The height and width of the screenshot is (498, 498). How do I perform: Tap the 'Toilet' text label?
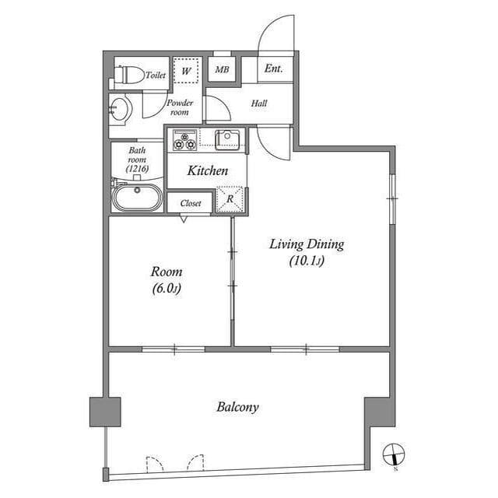156,75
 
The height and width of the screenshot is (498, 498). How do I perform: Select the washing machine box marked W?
186,70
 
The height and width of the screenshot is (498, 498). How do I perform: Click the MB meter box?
222,70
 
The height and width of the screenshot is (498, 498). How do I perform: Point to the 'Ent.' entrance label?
273,68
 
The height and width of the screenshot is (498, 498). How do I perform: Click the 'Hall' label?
259,103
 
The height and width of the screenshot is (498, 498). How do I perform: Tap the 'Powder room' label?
178,107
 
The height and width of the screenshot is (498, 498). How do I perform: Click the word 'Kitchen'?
208,170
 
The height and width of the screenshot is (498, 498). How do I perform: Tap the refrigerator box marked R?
230,198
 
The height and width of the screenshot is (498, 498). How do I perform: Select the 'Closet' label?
191,203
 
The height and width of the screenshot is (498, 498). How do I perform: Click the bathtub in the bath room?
137,197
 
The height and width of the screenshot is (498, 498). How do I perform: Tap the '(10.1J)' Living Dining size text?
306,261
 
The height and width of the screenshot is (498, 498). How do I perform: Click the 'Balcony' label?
237,407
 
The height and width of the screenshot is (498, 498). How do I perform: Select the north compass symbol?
395,455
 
